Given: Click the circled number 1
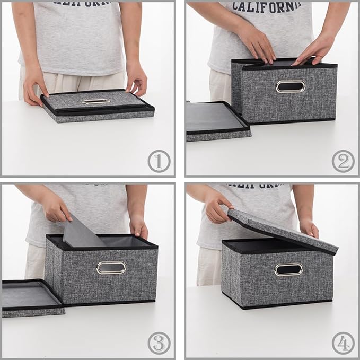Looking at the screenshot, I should (x=159, y=161).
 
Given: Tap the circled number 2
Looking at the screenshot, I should (x=343, y=161).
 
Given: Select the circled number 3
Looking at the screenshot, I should (x=159, y=343).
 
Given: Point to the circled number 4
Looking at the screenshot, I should (x=343, y=343).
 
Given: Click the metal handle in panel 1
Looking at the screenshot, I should (x=96, y=101).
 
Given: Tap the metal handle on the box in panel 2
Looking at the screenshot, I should (x=291, y=86).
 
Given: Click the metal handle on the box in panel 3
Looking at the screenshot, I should (x=111, y=268).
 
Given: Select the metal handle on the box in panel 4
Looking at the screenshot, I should (x=289, y=269).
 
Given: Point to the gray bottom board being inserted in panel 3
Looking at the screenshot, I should (x=82, y=233).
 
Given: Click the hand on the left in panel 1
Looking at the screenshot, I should (x=36, y=84).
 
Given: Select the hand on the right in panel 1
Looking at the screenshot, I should (x=136, y=80).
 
